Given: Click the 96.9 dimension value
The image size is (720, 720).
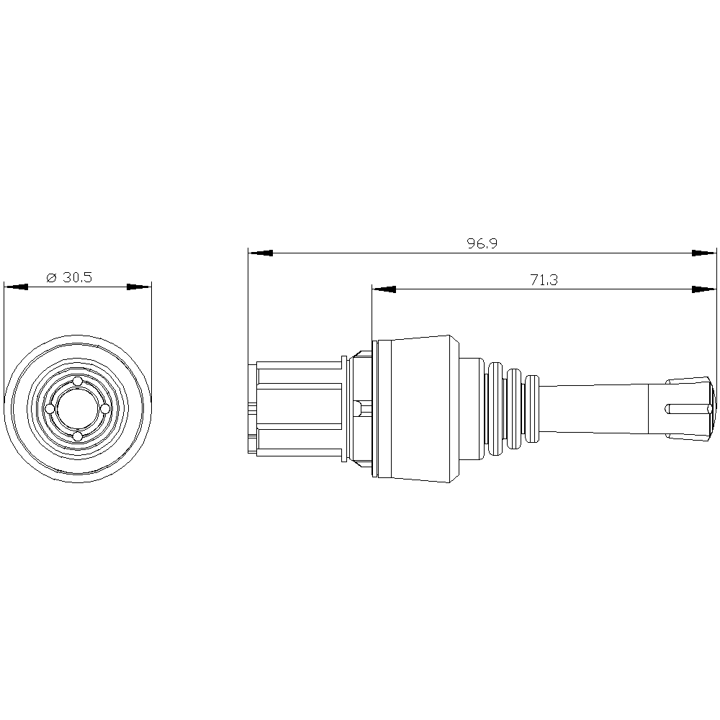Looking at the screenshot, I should [482, 244].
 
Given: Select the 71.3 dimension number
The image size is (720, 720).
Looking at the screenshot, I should [544, 280].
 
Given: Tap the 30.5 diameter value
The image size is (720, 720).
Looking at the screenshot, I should [77, 278].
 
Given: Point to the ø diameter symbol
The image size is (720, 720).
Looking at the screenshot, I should [50, 278].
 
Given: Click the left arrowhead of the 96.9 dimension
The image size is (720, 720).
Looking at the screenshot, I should [260, 253].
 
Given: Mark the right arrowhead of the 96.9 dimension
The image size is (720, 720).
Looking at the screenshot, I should [704, 253].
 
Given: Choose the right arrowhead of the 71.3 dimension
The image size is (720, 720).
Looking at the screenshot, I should [704, 289].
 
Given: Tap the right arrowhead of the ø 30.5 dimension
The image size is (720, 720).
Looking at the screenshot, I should [139, 287].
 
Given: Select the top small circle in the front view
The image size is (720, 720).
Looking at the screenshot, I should [78, 381].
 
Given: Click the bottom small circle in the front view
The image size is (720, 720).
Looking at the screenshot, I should [78, 436].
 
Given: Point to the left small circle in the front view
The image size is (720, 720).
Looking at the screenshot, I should [50, 408].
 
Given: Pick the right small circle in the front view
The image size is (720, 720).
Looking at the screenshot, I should [104, 408].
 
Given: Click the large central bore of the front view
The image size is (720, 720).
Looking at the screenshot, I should [78, 408].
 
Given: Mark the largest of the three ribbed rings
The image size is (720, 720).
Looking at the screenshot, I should [495, 408].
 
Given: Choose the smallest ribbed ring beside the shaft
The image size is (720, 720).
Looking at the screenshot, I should [534, 408].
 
